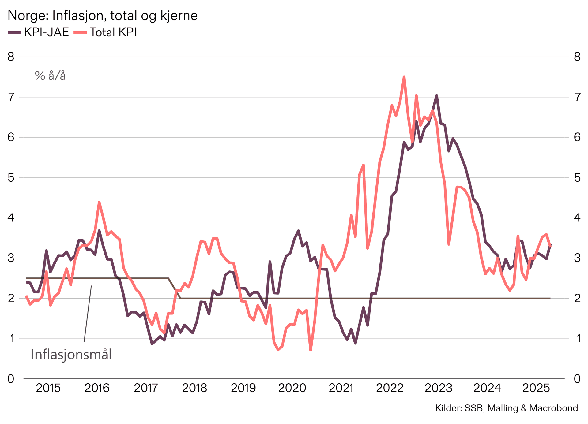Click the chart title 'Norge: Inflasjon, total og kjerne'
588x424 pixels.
point(102,15)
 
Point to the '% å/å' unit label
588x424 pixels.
point(50,75)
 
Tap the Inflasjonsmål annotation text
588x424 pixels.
point(71,355)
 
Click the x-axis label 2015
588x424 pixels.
point(48,388)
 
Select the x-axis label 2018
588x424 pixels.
point(194,388)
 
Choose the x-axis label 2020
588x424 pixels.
point(292,388)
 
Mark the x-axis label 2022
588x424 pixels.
point(390,388)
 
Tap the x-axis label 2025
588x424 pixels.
point(536,388)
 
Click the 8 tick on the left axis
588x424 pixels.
point(11,57)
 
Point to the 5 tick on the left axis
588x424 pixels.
point(11,177)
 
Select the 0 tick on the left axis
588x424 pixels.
point(11,379)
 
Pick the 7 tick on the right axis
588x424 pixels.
point(577,97)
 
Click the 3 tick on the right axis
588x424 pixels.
point(577,258)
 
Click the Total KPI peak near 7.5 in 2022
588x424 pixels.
point(404,77)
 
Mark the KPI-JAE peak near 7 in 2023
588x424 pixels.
point(436,95)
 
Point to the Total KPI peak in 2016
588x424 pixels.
point(99,202)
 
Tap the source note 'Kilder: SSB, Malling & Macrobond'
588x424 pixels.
point(507,408)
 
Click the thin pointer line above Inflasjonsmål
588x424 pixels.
point(88,314)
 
